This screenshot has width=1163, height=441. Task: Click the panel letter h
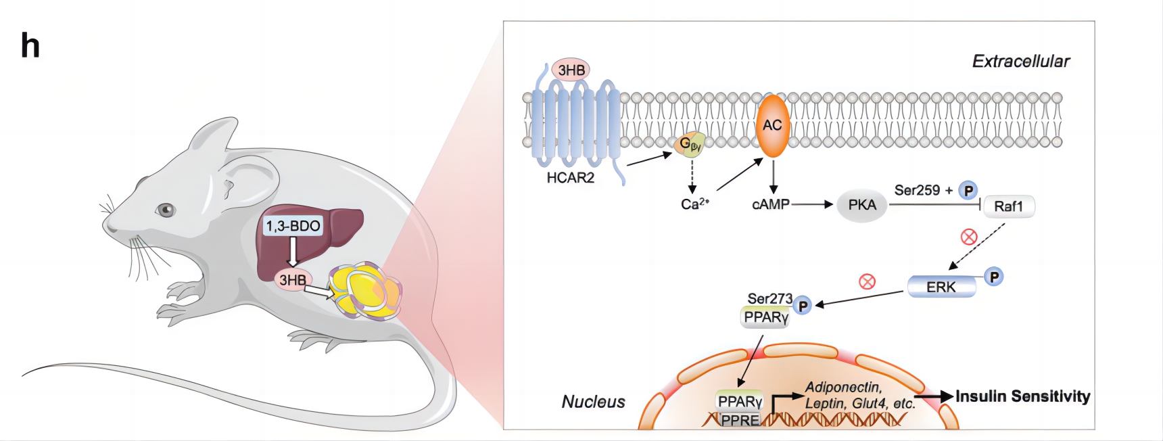click(30, 46)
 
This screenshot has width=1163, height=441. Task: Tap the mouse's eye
click(165, 210)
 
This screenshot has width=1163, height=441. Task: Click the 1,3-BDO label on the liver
click(293, 226)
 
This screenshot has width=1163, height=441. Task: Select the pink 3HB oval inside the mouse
click(292, 279)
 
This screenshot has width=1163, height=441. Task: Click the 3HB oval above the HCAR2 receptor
click(571, 70)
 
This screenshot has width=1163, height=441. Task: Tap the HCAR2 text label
click(571, 178)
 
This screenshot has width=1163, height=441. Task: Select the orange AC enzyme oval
click(772, 126)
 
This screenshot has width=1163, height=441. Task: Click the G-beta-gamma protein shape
click(690, 143)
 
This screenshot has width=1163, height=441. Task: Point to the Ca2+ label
click(695, 204)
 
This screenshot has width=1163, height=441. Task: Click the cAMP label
click(771, 204)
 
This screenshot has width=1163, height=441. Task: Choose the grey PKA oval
click(862, 205)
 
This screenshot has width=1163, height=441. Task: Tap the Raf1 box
click(1008, 206)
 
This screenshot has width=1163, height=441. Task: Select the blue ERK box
click(941, 287)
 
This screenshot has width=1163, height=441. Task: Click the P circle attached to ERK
click(994, 277)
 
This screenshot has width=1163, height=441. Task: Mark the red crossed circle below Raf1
click(969, 237)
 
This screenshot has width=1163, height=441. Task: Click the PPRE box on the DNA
click(740, 420)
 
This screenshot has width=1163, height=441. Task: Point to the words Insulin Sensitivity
click(1022, 396)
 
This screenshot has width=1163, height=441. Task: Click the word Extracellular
click(1021, 62)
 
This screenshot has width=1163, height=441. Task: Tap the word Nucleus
click(593, 402)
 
